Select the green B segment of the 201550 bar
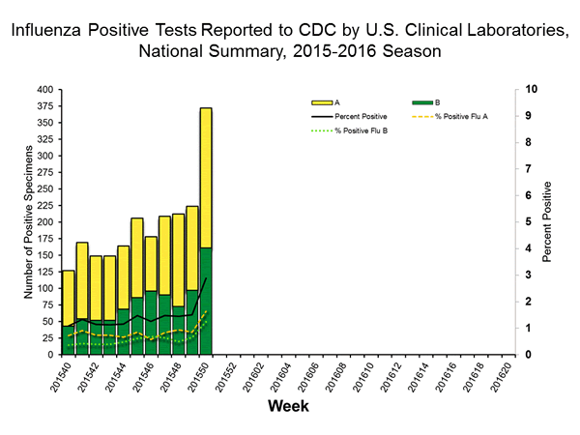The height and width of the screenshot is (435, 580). [x=206, y=301]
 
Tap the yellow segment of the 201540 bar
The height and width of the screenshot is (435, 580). [x=68, y=298]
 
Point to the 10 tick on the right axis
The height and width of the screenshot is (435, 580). [x=529, y=89]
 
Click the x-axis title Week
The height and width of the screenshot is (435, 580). [x=287, y=406]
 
